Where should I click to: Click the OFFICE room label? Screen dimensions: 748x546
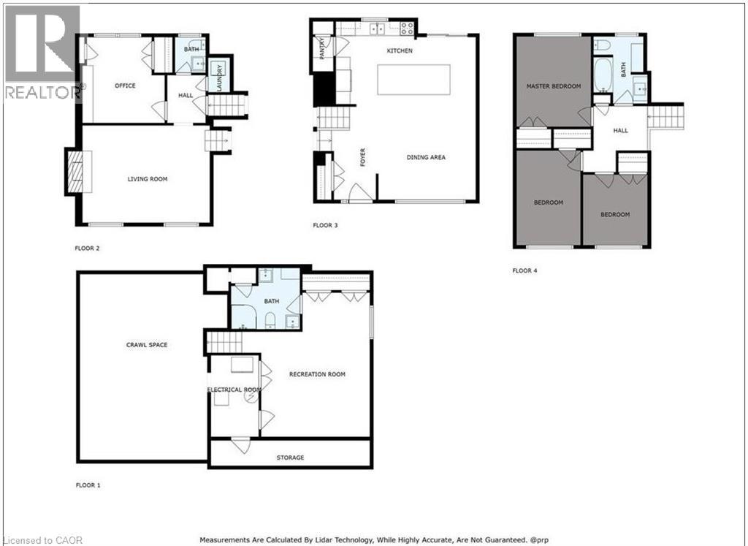pyautogui.click(x=125, y=86)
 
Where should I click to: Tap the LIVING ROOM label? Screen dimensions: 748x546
pyautogui.click(x=148, y=179)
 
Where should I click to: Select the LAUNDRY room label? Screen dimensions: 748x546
pyautogui.click(x=219, y=77)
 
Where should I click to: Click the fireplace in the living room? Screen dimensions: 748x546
pyautogui.click(x=75, y=172)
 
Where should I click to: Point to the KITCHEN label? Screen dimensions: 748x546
pyautogui.click(x=400, y=50)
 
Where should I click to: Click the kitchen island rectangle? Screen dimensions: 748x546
pyautogui.click(x=413, y=80)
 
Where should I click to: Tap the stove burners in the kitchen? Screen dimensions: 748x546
pyautogui.click(x=407, y=29)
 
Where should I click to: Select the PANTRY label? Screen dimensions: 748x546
pyautogui.click(x=322, y=48)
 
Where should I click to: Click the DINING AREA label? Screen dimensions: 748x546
pyautogui.click(x=426, y=157)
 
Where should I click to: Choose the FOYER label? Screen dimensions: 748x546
pyautogui.click(x=362, y=157)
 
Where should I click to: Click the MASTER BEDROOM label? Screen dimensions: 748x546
pyautogui.click(x=554, y=86)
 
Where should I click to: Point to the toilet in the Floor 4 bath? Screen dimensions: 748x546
pyautogui.click(x=603, y=45)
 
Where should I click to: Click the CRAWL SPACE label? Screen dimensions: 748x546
pyautogui.click(x=147, y=344)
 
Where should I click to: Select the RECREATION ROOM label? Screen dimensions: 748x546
pyautogui.click(x=317, y=374)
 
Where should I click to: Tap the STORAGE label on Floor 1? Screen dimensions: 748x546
pyautogui.click(x=290, y=458)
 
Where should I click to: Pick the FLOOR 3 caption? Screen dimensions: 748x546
pyautogui.click(x=325, y=225)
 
